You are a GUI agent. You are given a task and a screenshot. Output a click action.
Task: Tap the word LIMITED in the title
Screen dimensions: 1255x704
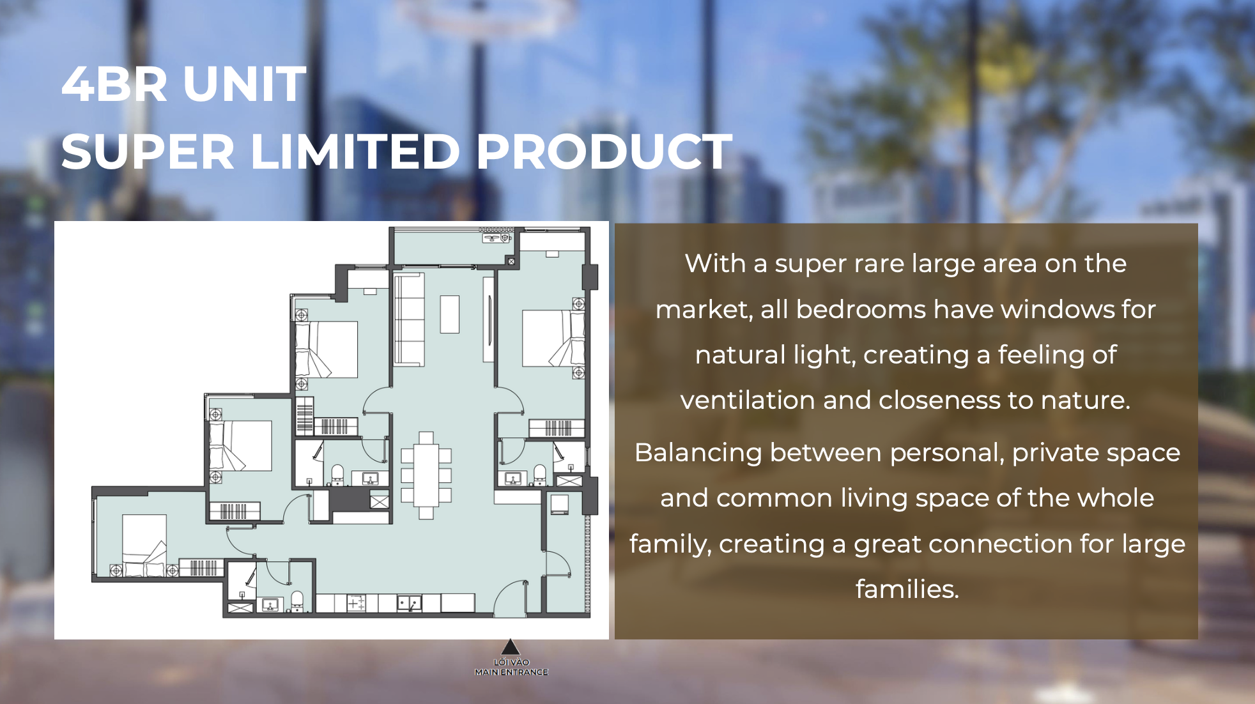pyautogui.click(x=355, y=152)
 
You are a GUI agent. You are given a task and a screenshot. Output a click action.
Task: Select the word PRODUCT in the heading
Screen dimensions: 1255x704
pyautogui.click(x=604, y=152)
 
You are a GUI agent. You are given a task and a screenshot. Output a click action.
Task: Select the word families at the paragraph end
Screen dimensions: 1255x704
pyautogui.click(x=907, y=589)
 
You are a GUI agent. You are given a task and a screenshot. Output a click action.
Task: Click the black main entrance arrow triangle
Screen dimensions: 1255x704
pyautogui.click(x=510, y=647)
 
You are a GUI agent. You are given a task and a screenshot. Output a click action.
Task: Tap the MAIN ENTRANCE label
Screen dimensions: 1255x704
pyautogui.click(x=511, y=672)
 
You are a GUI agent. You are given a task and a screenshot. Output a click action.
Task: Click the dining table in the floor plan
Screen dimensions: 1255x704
pyautogui.click(x=426, y=475)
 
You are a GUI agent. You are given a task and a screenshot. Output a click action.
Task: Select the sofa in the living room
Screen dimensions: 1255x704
pyautogui.click(x=409, y=319)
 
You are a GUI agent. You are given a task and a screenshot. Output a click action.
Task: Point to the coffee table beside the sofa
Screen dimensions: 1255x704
pyautogui.click(x=450, y=314)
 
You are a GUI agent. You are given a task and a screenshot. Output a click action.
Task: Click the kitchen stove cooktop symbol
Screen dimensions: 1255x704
pyautogui.click(x=356, y=603)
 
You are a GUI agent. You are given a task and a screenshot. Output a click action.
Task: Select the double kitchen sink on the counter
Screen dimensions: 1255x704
pyautogui.click(x=409, y=603)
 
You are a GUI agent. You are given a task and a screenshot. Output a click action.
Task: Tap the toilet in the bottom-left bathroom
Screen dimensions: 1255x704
pyautogui.click(x=296, y=601)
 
